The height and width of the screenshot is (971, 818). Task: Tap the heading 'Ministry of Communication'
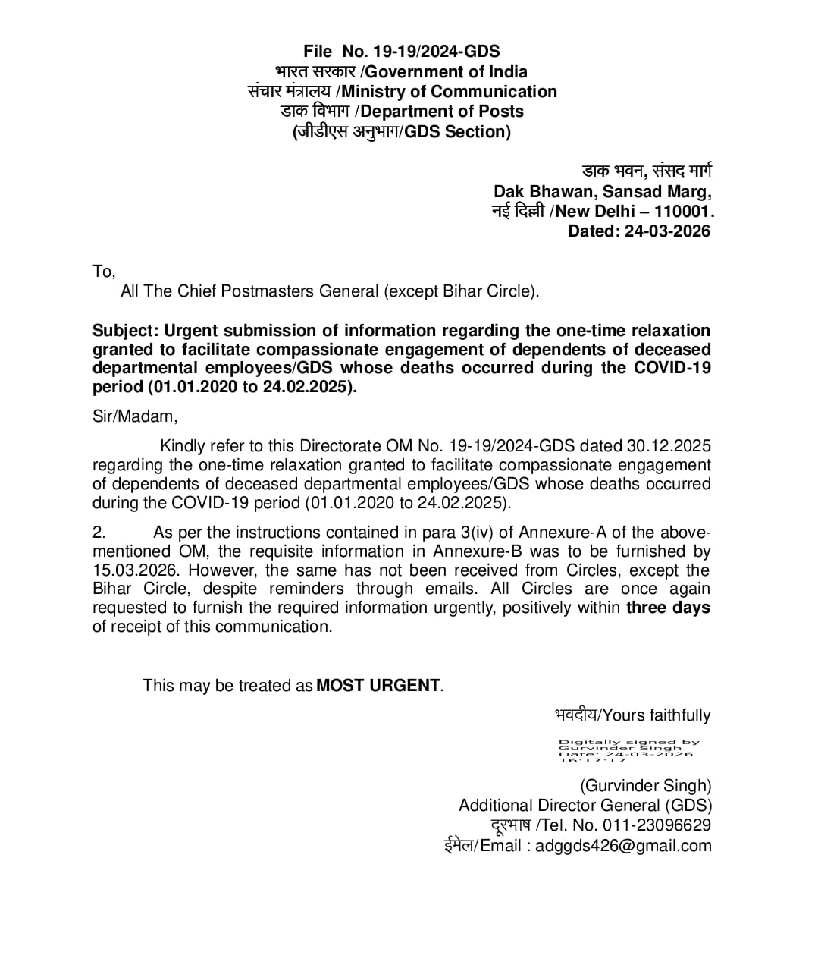click(x=449, y=92)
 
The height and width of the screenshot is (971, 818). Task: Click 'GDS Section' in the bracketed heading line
click(x=455, y=132)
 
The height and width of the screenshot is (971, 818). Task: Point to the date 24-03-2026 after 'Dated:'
click(x=667, y=231)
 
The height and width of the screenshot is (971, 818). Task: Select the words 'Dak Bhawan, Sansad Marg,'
click(x=603, y=192)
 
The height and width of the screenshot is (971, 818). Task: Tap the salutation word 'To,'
click(x=104, y=272)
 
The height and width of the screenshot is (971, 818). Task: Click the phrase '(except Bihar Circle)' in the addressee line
click(x=462, y=291)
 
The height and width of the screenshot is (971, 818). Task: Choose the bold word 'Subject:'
click(x=125, y=331)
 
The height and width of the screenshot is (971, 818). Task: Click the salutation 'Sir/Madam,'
click(x=135, y=416)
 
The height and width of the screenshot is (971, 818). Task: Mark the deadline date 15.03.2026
click(x=135, y=570)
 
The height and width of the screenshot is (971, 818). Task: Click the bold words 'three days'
click(x=668, y=608)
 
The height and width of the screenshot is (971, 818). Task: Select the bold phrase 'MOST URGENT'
click(x=378, y=686)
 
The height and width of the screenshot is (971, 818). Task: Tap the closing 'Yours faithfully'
click(x=656, y=715)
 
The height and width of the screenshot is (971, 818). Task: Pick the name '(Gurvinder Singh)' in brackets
click(x=646, y=786)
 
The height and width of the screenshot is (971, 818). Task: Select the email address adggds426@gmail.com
click(x=623, y=846)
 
